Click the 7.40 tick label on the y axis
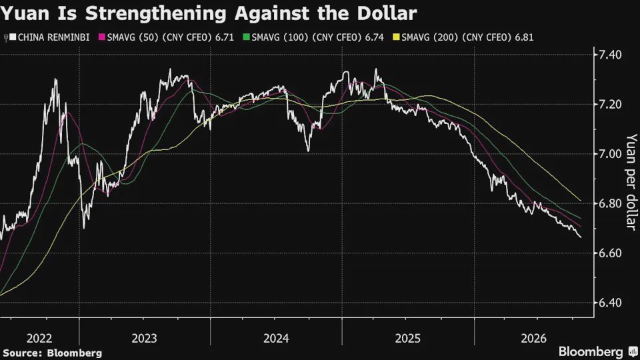pyautogui.click(x=610, y=55)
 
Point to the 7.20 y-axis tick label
pyautogui.click(x=610, y=105)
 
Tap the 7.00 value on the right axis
pyautogui.click(x=610, y=154)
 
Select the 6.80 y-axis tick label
pyautogui.click(x=610, y=204)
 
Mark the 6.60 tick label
pyautogui.click(x=610, y=253)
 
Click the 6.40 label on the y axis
pyautogui.click(x=610, y=303)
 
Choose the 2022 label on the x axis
pyautogui.click(x=39, y=339)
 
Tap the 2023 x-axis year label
pyautogui.click(x=145, y=339)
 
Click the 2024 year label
pyautogui.click(x=276, y=339)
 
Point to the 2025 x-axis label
pyautogui.click(x=408, y=339)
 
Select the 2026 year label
pyautogui.click(x=534, y=339)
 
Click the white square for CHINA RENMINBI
pyautogui.click(x=13, y=37)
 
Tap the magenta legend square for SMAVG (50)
pyautogui.click(x=102, y=37)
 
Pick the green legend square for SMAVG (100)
pyautogui.click(x=246, y=37)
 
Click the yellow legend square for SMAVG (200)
pyautogui.click(x=396, y=37)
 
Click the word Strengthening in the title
pyautogui.click(x=155, y=14)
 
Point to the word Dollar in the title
pyautogui.click(x=387, y=13)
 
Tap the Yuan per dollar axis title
pyautogui.click(x=631, y=182)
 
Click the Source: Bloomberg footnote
pyautogui.click(x=52, y=353)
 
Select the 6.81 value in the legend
pyautogui.click(x=524, y=37)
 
